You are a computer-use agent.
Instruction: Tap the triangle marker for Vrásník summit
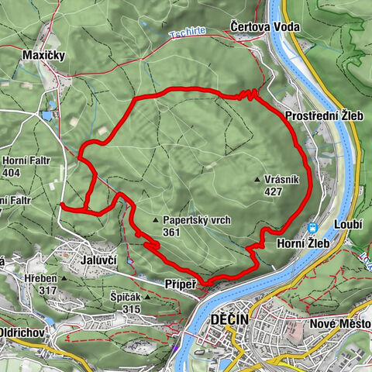coord(258,180)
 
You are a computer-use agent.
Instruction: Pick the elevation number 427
coord(272,192)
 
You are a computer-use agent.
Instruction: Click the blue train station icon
coord(312,228)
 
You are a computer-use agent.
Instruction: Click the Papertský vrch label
coord(197,220)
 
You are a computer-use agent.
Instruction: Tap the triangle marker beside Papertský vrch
coord(156,219)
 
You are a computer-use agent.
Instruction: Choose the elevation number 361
coord(173,232)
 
